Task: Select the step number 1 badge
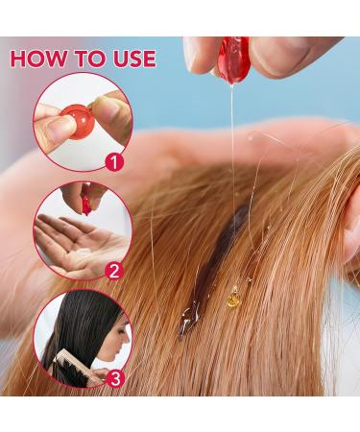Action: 115,162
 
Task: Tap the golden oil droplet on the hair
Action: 231,292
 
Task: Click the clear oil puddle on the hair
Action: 190,307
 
